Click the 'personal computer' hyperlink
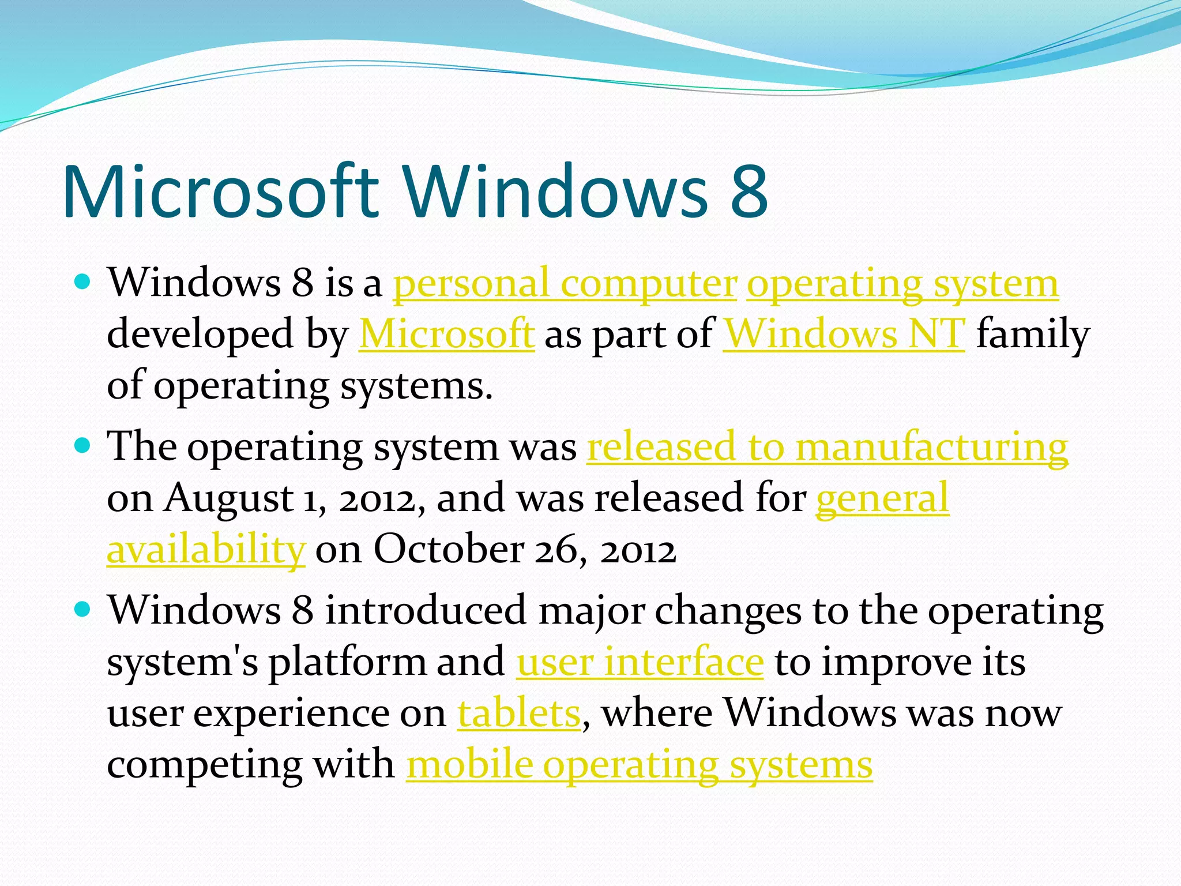tap(565, 284)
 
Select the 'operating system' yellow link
tap(902, 284)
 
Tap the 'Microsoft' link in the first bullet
tap(446, 335)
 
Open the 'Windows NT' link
tap(844, 335)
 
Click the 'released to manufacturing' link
tap(828, 447)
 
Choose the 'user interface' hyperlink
tap(640, 663)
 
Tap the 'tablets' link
tap(518, 714)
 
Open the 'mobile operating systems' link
tap(639, 765)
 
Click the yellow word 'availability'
tap(206, 550)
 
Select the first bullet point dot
tap(83, 282)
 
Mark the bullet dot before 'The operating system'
tap(83, 445)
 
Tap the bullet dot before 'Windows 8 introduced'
tap(83, 609)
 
